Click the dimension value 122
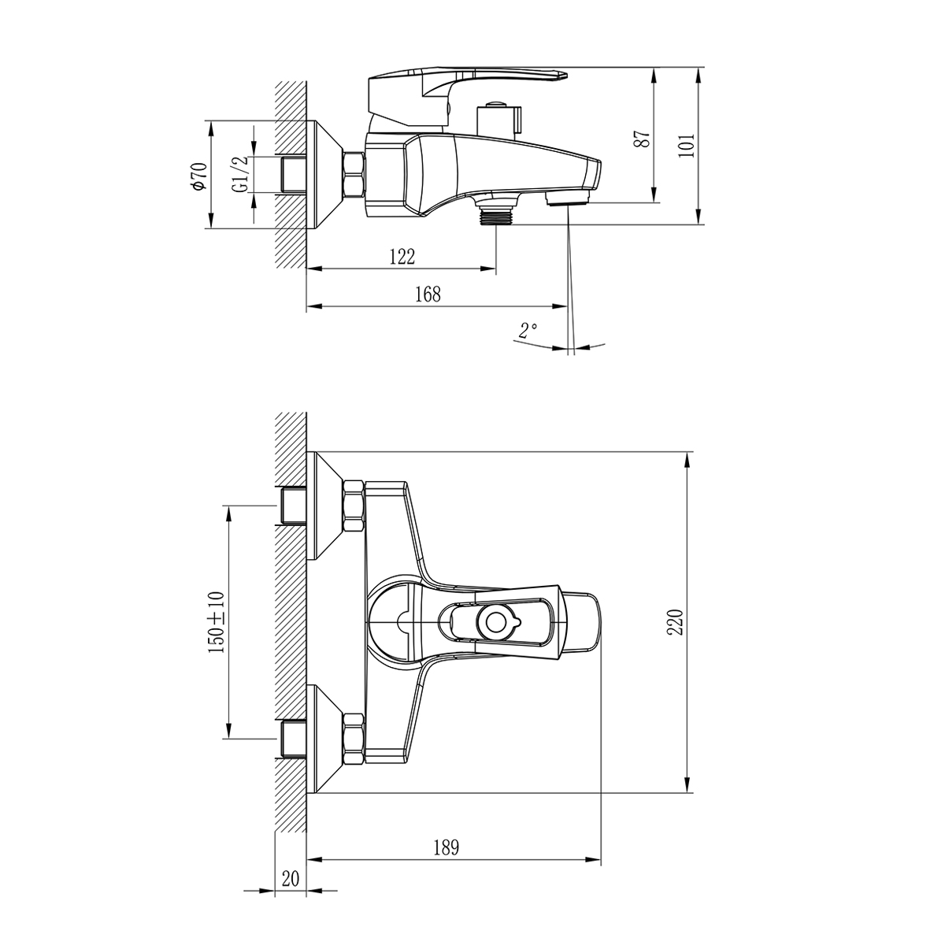401,257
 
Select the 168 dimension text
428,295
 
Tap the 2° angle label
528,329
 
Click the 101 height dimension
687,146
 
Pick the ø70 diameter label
198,175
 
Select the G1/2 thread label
239,174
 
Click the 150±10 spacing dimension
217,621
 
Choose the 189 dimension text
445,847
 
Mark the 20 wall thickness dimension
290,879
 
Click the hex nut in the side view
354,174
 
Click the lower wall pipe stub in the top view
293,738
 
